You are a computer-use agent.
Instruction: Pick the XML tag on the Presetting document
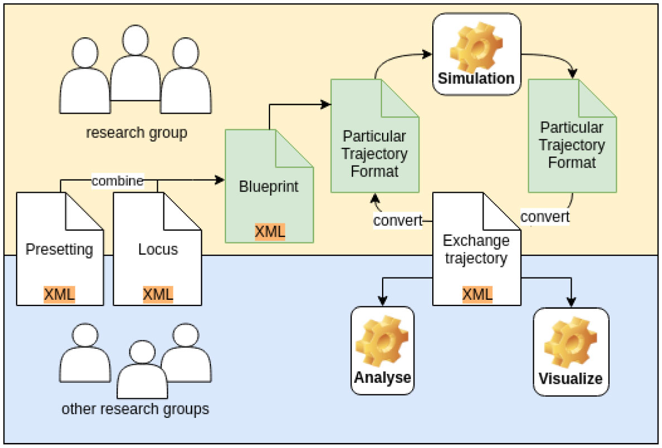click(x=59, y=294)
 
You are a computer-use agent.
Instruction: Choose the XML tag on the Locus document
click(x=158, y=294)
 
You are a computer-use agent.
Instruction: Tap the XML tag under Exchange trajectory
click(x=477, y=294)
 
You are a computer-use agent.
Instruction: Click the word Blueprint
click(x=269, y=187)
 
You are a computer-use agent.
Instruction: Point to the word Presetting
click(x=59, y=249)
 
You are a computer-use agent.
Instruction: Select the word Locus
click(x=158, y=249)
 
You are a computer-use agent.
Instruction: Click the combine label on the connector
click(x=118, y=181)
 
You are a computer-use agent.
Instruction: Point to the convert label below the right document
click(x=545, y=216)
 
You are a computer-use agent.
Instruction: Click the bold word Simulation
click(x=476, y=78)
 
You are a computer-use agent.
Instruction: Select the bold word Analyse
click(x=383, y=377)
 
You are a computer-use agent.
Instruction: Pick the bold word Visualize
click(x=571, y=378)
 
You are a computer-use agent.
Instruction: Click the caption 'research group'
click(x=136, y=133)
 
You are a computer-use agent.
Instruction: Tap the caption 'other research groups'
click(x=136, y=410)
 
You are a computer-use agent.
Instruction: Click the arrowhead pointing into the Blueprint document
click(x=220, y=180)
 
